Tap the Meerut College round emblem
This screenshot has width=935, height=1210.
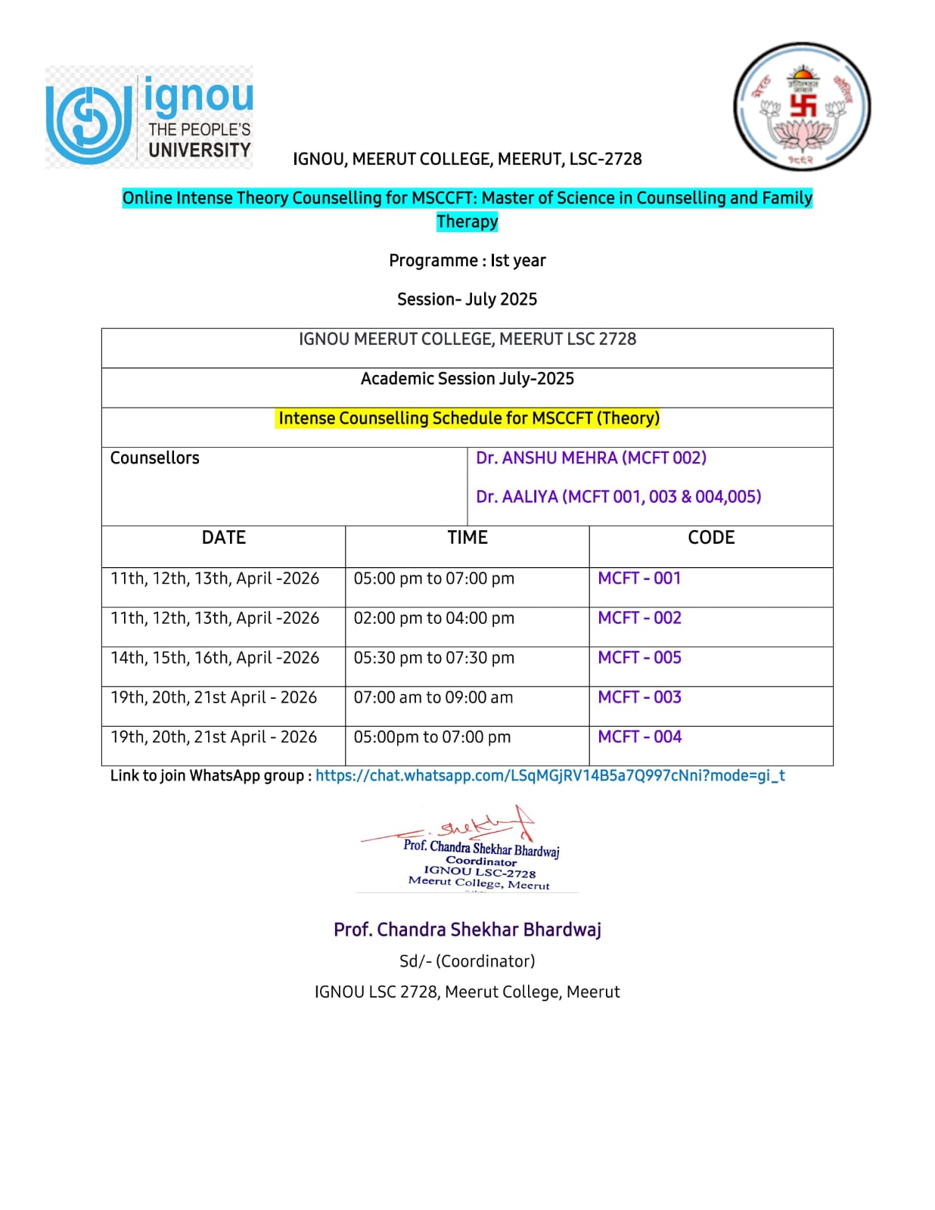pos(801,107)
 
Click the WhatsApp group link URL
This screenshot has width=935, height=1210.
pos(550,775)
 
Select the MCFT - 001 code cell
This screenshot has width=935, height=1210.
pos(639,579)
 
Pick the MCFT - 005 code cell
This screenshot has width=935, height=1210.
pos(639,658)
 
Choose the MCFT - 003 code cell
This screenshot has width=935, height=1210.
pos(639,697)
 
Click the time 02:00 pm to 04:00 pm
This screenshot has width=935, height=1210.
pos(433,619)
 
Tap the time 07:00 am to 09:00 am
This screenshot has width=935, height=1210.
pos(433,697)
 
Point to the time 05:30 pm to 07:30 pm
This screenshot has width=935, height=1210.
pos(433,658)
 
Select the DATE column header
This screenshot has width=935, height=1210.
pos(223,538)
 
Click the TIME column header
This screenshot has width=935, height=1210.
pos(467,538)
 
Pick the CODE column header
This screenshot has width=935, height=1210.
pos(710,538)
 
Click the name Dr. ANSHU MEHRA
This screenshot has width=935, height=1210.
pos(546,458)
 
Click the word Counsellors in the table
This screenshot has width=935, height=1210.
pos(154,458)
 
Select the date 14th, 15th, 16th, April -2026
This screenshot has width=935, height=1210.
pos(215,658)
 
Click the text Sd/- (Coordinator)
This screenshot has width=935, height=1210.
pos(467,961)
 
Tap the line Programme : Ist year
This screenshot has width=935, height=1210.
pos(467,261)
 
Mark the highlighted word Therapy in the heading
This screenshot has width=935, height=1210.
pos(467,222)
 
